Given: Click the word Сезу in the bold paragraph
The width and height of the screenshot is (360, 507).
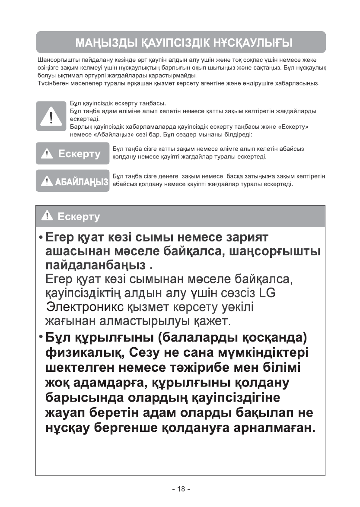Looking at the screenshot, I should pyautogui.click(x=143, y=353).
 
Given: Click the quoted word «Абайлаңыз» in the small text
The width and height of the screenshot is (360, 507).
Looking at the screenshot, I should pyautogui.click(x=94, y=135).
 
